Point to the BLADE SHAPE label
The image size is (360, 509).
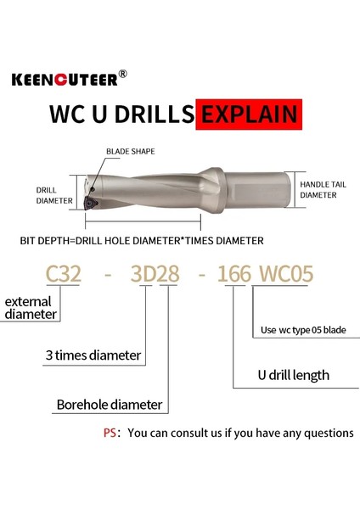[131, 151]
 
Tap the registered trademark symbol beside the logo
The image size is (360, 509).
[123, 73]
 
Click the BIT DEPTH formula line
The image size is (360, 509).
[141, 240]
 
